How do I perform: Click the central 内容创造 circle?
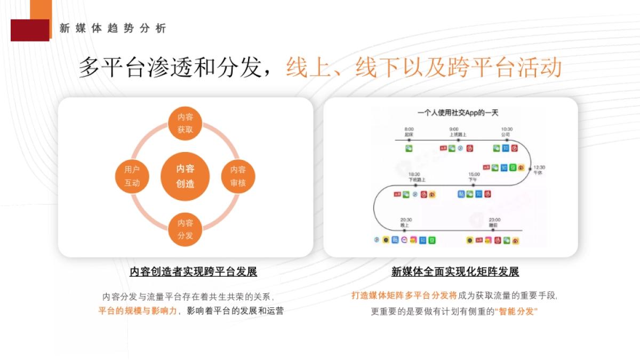click(x=185, y=177)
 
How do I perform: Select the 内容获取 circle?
click(x=185, y=123)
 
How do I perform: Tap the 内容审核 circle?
click(x=238, y=177)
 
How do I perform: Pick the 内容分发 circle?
click(x=185, y=229)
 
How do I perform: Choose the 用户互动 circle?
click(x=132, y=177)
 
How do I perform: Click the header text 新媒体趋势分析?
click(x=113, y=29)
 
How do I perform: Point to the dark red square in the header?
click(x=29, y=30)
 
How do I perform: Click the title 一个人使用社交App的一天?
click(x=458, y=113)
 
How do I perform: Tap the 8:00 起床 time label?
click(x=409, y=132)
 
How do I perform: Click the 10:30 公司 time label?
click(x=506, y=132)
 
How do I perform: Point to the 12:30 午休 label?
click(x=539, y=170)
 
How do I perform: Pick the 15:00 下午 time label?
click(x=474, y=177)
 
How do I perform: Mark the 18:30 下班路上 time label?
click(x=414, y=177)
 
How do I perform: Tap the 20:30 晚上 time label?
click(x=406, y=222)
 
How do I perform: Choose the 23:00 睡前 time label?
click(x=494, y=222)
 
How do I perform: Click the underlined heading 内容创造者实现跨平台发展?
click(x=194, y=272)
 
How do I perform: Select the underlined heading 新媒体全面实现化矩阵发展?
click(x=455, y=272)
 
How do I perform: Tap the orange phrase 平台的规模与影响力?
click(x=137, y=310)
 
